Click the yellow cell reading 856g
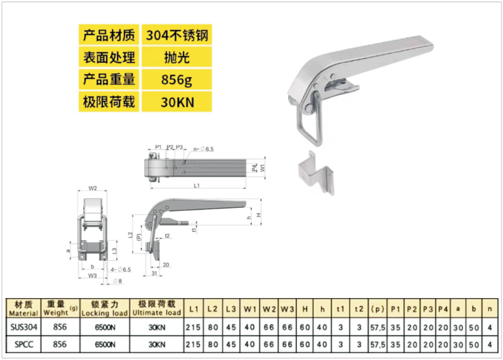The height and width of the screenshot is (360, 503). point(177,79)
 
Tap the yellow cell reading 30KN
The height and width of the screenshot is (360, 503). point(177,102)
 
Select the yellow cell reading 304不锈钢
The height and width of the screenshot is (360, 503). point(177,35)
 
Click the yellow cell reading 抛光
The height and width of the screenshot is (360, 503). point(177,57)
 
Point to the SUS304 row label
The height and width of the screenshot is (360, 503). point(24,327)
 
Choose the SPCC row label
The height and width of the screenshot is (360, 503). point(24,344)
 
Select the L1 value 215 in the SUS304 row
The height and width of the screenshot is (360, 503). point(194,327)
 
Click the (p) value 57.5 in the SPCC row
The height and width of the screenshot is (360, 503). point(377,345)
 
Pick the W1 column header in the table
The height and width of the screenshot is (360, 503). point(250,309)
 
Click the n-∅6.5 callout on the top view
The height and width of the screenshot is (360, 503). point(203,149)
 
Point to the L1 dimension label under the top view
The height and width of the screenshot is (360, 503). point(197,185)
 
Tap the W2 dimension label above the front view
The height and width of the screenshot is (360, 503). point(92,188)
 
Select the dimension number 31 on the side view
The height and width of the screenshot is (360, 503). point(154,274)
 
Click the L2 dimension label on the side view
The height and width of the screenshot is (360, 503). point(131,235)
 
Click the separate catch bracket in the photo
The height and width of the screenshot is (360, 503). point(316,173)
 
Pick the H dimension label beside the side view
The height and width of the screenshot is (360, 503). point(258,215)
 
